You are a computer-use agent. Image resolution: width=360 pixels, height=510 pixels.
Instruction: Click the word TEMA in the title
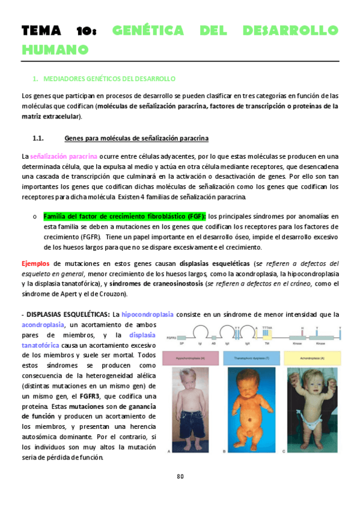(41, 31)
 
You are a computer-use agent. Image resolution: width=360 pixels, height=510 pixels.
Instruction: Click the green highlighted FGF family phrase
(125, 216)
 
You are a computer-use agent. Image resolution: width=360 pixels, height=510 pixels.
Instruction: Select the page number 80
(180, 477)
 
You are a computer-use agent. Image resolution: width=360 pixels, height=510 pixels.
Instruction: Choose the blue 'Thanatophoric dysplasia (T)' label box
(249, 358)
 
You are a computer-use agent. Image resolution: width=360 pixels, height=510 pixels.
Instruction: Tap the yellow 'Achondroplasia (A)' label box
(310, 358)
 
